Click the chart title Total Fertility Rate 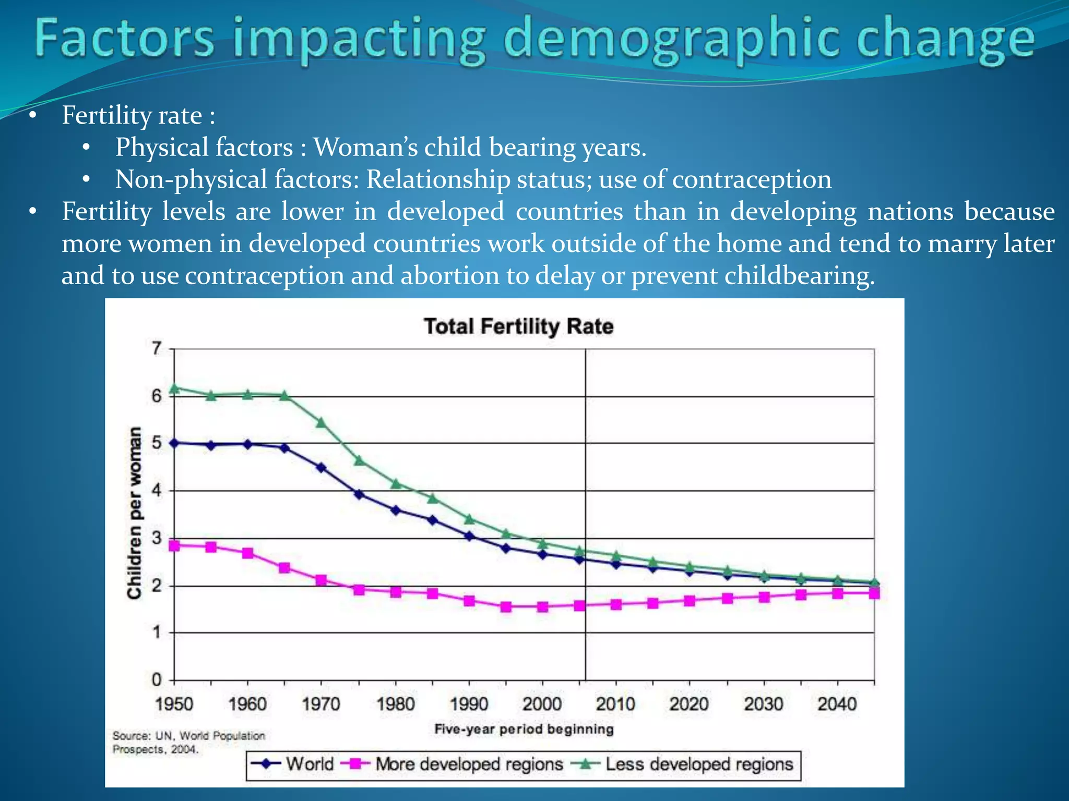518,326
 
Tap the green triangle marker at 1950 175,389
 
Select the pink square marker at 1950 175,545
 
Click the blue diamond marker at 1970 322,468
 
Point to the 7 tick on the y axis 157,348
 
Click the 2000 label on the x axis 542,704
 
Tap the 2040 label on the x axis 837,704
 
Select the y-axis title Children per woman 135,513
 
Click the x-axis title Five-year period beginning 524,729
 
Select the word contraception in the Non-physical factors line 752,179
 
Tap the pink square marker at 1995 506,606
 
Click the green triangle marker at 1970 322,422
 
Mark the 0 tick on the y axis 157,680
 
